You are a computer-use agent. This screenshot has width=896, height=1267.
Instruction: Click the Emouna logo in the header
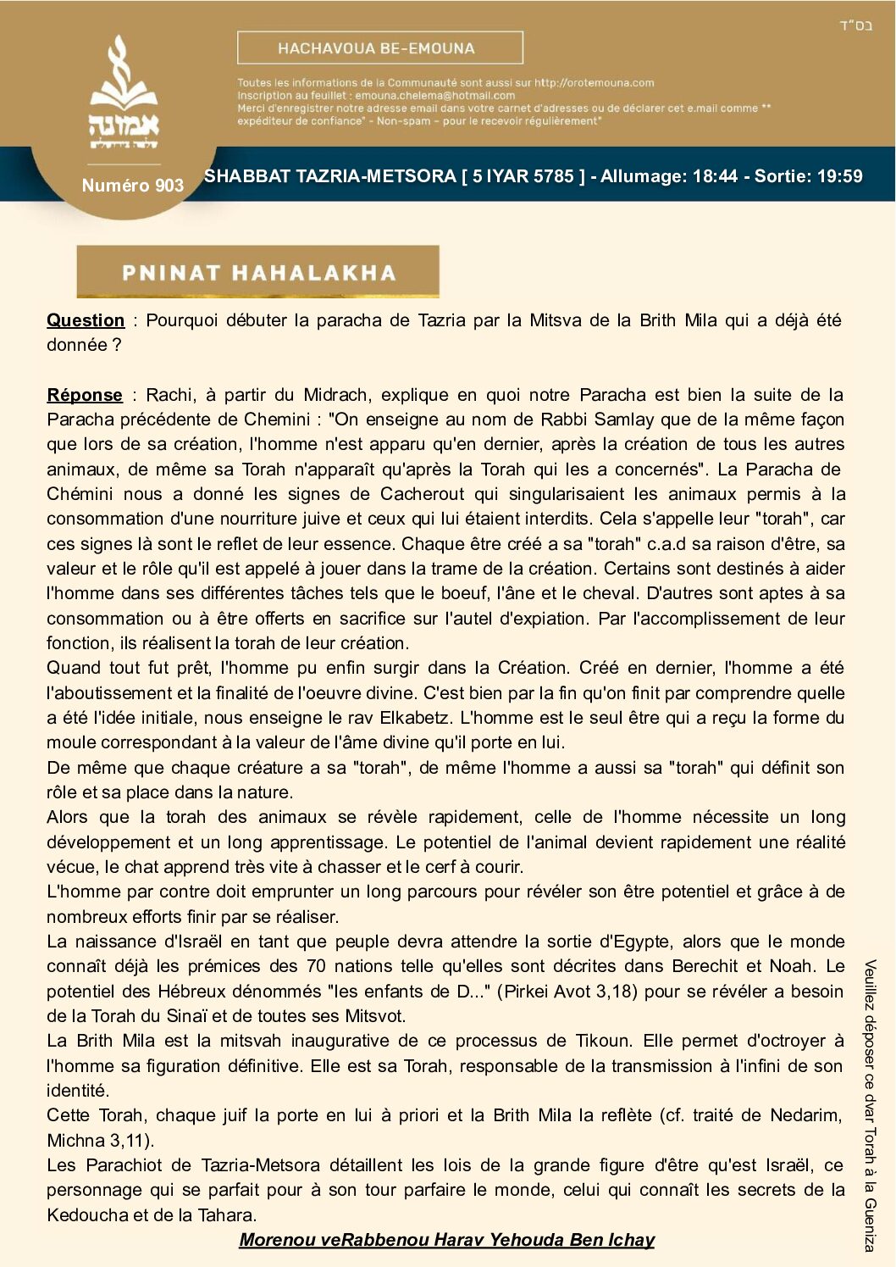tap(124, 93)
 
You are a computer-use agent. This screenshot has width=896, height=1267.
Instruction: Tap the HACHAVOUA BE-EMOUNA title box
tap(379, 48)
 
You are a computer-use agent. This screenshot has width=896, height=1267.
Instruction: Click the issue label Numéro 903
tap(132, 186)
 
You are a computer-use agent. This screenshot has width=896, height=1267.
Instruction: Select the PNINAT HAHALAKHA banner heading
tap(258, 272)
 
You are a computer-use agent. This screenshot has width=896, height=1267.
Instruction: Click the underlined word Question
tap(86, 320)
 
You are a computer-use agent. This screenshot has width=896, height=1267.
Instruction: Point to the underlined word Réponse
tap(85, 395)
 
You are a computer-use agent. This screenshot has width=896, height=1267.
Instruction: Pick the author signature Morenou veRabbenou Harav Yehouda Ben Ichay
tap(446, 1240)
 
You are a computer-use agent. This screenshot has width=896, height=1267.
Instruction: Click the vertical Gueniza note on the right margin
tap(870, 1106)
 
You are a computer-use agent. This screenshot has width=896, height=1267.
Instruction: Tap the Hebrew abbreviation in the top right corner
tap(855, 25)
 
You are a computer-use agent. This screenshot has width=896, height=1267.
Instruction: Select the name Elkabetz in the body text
tap(414, 718)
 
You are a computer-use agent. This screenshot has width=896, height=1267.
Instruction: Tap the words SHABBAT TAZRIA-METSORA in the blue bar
tap(330, 176)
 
